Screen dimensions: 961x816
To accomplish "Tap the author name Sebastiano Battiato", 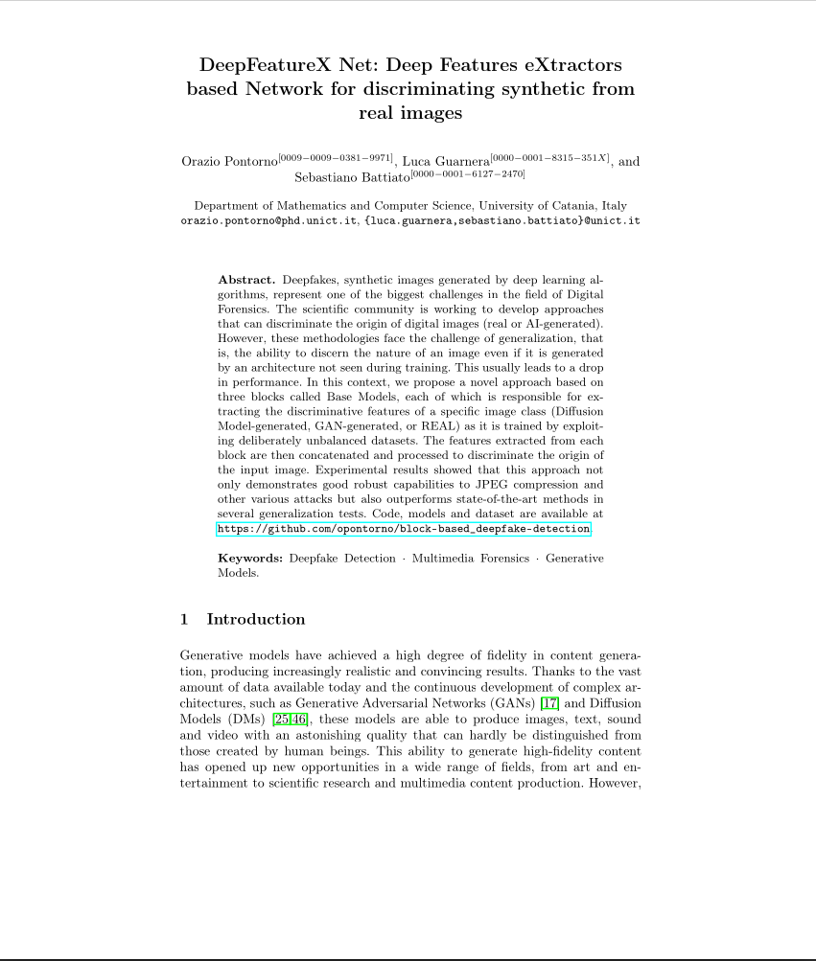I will (x=352, y=178).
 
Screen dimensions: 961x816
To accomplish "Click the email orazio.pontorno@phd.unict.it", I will (x=269, y=220).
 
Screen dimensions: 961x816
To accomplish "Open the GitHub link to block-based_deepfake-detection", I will (x=404, y=529).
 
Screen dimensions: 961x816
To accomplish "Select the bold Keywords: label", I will (x=250, y=558).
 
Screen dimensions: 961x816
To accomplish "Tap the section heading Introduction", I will (x=256, y=619).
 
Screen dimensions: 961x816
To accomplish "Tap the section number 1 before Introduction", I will (x=185, y=619).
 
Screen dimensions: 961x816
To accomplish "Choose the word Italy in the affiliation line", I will (x=615, y=205).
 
